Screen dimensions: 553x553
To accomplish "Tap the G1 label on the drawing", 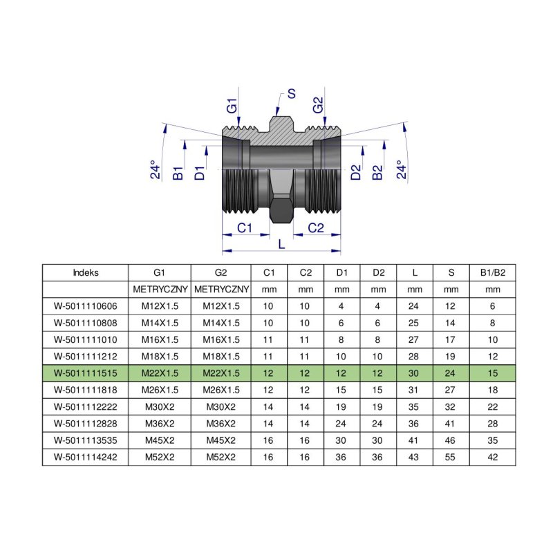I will pos(232,106).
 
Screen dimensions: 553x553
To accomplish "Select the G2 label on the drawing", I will pos(317,106).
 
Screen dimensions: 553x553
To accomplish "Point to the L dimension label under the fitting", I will pos(281,244).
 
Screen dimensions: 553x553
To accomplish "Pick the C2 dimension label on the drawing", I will pos(316,227).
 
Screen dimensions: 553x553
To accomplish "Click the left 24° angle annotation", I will pos(157,170).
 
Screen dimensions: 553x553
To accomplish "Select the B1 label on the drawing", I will pos(178,173).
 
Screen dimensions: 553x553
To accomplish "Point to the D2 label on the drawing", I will pos(356,173).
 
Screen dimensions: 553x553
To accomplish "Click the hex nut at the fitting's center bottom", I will pos(281,210).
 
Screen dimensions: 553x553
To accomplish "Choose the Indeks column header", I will pos(85,272).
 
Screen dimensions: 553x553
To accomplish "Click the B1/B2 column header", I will pos(493,272).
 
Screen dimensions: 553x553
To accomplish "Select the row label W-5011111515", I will pos(85,373).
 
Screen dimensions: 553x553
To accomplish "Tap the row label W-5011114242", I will pos(85,456).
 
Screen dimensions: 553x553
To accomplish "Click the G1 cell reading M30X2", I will pos(159,406).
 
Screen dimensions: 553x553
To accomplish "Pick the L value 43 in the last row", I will pos(414,456).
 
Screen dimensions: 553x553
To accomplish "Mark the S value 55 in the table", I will pos(451,456).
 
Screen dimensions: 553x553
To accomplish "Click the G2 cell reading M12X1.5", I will pos(221,306).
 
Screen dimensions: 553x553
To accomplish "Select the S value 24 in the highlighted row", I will pos(451,373).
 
